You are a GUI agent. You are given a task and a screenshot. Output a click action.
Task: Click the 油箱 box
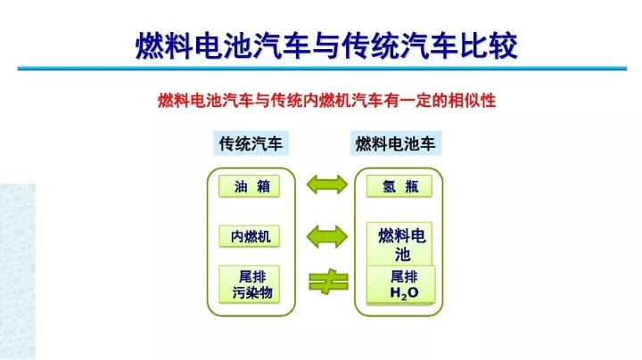pos(251,187)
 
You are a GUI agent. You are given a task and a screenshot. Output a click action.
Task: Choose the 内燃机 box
pos(251,236)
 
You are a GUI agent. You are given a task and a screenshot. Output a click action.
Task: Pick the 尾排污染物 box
pos(251,284)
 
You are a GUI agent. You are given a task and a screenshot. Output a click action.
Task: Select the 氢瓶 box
pos(399,187)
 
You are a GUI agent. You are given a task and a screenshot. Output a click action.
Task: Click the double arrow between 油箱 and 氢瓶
pos(325,186)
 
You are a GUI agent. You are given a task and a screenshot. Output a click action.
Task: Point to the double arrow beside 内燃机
pos(325,236)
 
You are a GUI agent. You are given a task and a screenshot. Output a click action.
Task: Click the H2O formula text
pos(403,293)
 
